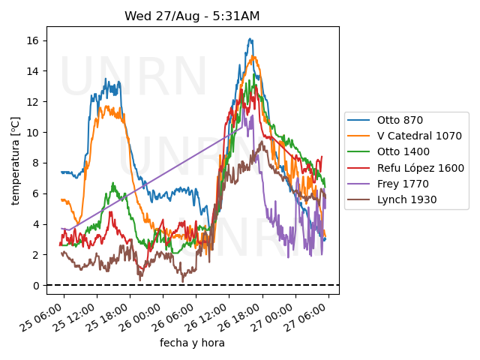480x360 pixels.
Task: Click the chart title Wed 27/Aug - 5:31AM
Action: click(192, 16)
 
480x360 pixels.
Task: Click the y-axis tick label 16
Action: click(34, 40)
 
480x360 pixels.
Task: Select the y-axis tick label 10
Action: click(34, 133)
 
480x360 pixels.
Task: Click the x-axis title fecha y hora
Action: click(192, 343)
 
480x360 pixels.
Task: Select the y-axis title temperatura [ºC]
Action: click(15, 160)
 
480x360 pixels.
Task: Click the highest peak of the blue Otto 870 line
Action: click(250, 39)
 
